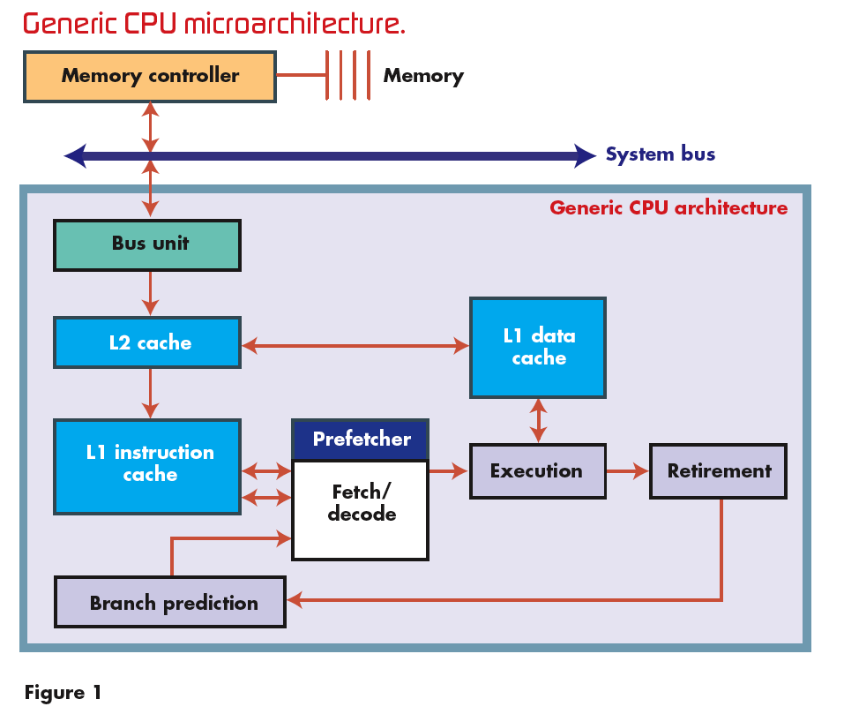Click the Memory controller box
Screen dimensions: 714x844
(x=149, y=76)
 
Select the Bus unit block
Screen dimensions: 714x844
(x=147, y=244)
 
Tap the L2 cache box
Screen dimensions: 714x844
(x=147, y=342)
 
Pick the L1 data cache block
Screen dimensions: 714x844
(x=538, y=347)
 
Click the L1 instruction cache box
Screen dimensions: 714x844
(x=147, y=465)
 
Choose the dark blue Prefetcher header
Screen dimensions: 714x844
(x=360, y=440)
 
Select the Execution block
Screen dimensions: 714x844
(x=537, y=471)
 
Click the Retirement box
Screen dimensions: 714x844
(x=718, y=471)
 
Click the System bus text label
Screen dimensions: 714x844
(x=660, y=155)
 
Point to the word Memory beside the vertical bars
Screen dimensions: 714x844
(x=423, y=76)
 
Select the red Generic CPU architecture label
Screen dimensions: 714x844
(x=668, y=208)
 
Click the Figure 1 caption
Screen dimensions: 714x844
(x=63, y=693)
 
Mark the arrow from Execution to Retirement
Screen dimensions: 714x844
(x=628, y=471)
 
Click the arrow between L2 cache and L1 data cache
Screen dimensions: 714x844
(x=355, y=346)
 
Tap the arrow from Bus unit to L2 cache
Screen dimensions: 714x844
(x=150, y=294)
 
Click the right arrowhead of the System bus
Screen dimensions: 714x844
(x=586, y=156)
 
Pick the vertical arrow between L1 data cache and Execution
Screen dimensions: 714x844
(x=538, y=420)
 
